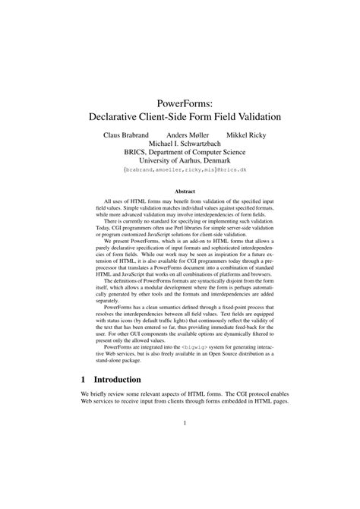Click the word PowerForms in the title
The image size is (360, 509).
point(179,101)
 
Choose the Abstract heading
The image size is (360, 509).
point(179,191)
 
